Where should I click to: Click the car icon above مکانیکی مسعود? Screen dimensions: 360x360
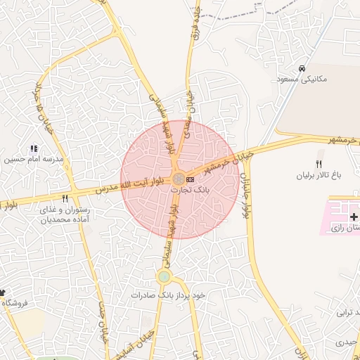pyautogui.click(x=302, y=69)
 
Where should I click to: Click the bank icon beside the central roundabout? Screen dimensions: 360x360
pyautogui.click(x=191, y=180)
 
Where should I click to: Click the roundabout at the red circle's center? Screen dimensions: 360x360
pyautogui.click(x=179, y=179)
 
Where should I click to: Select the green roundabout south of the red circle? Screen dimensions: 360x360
pyautogui.click(x=164, y=276)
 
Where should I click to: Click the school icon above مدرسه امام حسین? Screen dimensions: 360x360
pyautogui.click(x=33, y=148)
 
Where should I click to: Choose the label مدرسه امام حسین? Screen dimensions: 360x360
pyautogui.click(x=34, y=159)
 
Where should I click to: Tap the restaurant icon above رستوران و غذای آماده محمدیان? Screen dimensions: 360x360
pyautogui.click(x=65, y=199)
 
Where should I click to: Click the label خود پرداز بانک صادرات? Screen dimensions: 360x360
pyautogui.click(x=168, y=295)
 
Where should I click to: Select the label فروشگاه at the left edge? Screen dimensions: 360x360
pyautogui.click(x=14, y=302)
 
